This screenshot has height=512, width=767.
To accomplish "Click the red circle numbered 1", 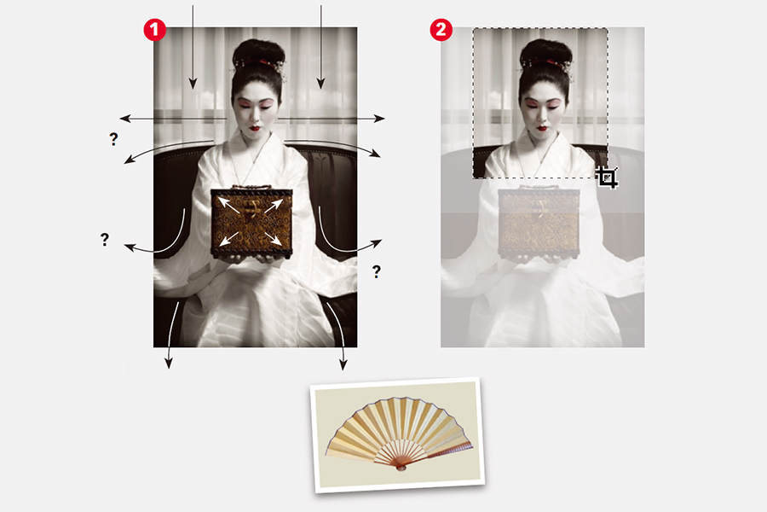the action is [x=154, y=30].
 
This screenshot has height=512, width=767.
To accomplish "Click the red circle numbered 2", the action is [x=441, y=30].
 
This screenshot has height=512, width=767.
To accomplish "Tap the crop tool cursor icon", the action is [x=608, y=177].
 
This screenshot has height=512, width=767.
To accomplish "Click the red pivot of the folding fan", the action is [x=401, y=468].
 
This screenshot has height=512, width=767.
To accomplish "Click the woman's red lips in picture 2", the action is [x=542, y=128].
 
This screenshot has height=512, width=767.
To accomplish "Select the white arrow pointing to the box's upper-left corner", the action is [x=228, y=204].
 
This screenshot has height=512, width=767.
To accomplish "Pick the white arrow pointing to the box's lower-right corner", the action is [x=273, y=238].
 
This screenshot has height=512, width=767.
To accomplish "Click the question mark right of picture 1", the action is [x=376, y=271].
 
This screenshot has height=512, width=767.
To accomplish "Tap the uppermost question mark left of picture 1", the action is [x=113, y=139].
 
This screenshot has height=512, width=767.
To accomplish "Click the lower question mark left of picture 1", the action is [x=105, y=240].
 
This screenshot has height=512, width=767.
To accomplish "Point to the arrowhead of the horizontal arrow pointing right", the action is [x=379, y=118].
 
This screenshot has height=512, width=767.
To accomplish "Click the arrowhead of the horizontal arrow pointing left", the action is [x=125, y=118].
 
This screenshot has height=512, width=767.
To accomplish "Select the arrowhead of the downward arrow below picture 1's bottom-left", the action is [x=169, y=363].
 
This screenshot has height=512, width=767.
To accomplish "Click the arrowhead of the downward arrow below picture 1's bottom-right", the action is [x=343, y=364].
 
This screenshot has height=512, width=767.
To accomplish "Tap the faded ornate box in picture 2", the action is [x=539, y=223].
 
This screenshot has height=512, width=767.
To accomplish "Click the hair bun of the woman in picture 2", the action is [x=545, y=52].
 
